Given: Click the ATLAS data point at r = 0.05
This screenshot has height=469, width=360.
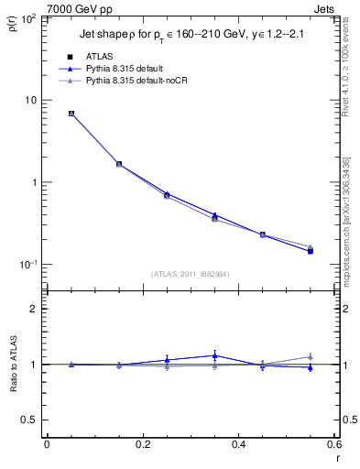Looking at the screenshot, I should click(x=71, y=114).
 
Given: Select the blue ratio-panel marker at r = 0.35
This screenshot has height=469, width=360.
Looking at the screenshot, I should click(x=214, y=355).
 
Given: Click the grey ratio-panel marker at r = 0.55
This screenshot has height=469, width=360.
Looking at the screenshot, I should click(x=310, y=356).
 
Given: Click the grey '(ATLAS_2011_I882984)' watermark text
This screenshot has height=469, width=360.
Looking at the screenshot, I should click(x=190, y=274).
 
